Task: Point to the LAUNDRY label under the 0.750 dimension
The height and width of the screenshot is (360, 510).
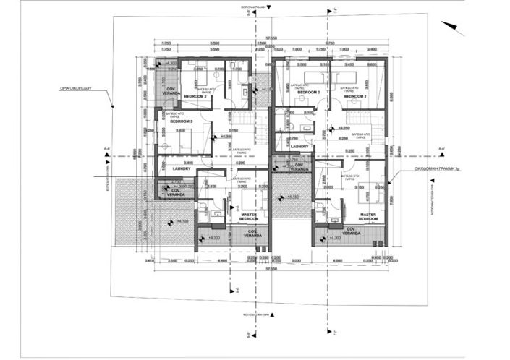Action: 299,147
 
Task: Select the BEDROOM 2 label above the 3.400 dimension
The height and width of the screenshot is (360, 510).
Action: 182,121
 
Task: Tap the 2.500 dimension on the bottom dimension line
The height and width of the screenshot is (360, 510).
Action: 172,260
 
